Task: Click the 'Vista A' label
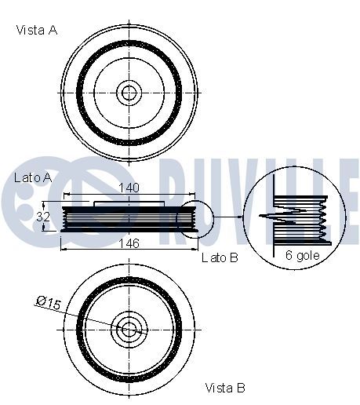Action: tap(37, 30)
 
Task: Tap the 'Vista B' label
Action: tap(225, 388)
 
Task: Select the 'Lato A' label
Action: tap(33, 178)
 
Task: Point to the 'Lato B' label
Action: tap(220, 257)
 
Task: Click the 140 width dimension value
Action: tap(129, 188)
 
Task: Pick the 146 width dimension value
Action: tap(129, 244)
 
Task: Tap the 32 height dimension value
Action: tap(43, 217)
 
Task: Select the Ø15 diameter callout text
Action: tap(49, 302)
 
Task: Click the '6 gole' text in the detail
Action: tap(303, 255)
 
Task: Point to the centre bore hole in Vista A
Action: tap(129, 93)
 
